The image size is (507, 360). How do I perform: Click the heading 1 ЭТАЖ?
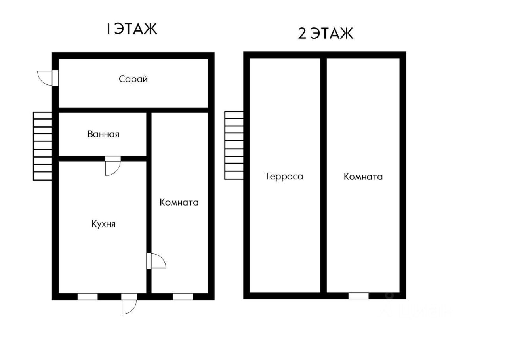click(x=132, y=29)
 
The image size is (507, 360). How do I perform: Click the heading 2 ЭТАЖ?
click(x=325, y=34)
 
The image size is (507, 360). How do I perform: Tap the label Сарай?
click(x=133, y=79)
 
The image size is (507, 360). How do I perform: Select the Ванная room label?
click(x=103, y=134)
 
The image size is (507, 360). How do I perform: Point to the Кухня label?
click(x=103, y=224)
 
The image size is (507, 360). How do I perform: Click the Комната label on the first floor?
click(x=179, y=202)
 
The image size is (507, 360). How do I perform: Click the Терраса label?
click(x=284, y=176)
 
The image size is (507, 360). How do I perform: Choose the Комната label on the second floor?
click(x=363, y=177)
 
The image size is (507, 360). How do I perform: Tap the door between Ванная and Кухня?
click(x=112, y=164)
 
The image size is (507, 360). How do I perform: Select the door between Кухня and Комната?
click(x=154, y=261)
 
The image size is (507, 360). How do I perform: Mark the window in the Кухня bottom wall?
click(x=88, y=296)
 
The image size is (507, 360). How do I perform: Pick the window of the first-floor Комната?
click(x=183, y=296)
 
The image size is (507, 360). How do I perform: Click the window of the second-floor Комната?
click(x=358, y=295)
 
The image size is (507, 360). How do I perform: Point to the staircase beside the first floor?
click(x=43, y=146)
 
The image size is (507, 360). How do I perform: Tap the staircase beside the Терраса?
click(x=234, y=145)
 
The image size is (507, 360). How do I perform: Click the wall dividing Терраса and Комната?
click(x=323, y=174)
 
